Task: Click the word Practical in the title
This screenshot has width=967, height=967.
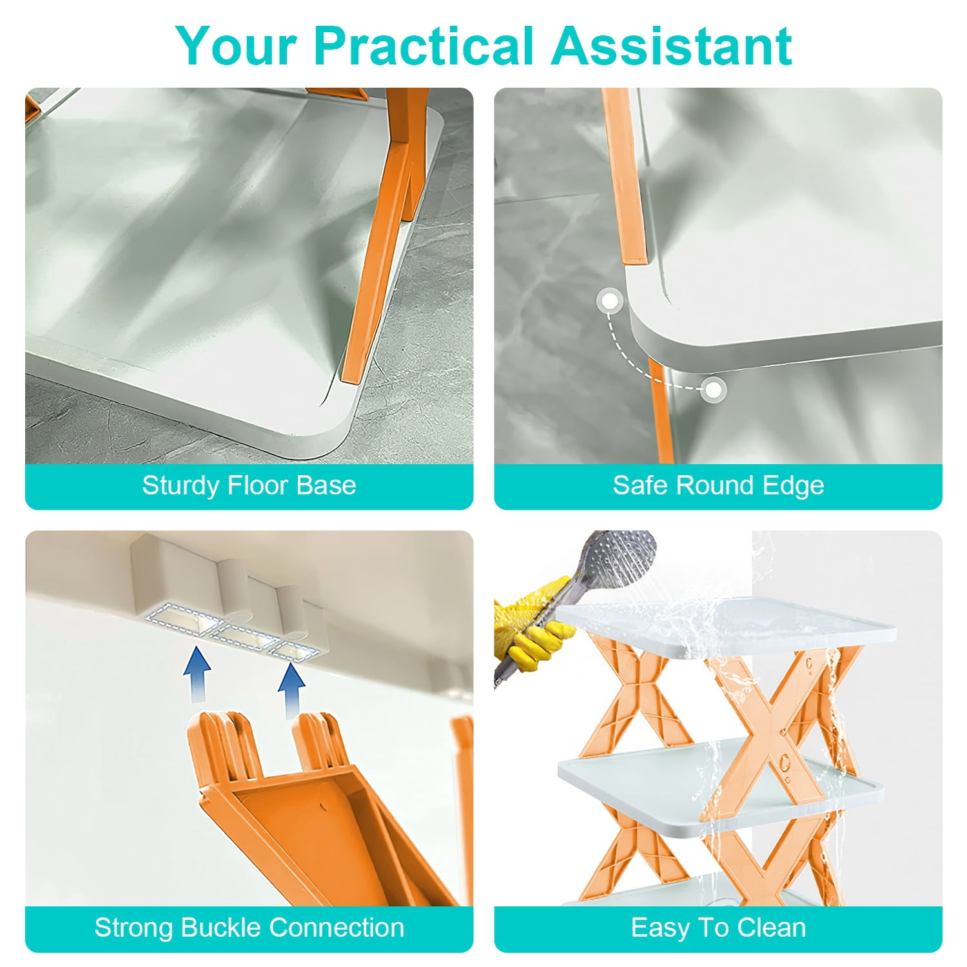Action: point(425,46)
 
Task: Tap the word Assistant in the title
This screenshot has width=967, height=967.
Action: point(672,46)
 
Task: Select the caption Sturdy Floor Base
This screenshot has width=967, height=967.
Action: point(249,485)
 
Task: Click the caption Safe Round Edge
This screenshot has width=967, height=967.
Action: point(718,485)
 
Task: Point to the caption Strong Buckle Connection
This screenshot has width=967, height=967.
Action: point(249,928)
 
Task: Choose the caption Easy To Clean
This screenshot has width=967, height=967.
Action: point(718,928)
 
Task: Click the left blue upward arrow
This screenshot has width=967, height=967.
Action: point(197,674)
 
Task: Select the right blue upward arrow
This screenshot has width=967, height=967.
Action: point(291,690)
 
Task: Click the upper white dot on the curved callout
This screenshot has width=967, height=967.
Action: point(609,301)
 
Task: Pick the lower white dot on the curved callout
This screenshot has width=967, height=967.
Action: point(713,389)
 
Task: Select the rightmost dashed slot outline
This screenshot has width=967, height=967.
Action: point(297,650)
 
